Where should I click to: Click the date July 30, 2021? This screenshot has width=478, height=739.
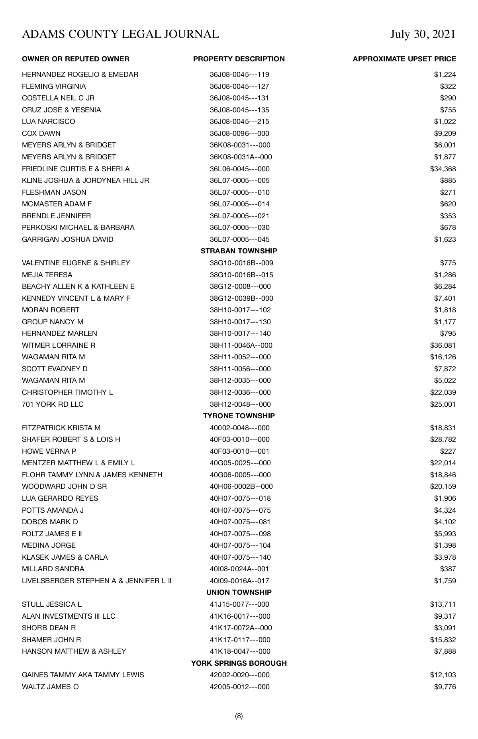coord(423,34)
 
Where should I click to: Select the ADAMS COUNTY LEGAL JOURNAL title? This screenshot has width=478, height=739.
coord(120,34)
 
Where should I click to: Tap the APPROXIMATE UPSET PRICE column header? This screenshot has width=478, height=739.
coord(404,59)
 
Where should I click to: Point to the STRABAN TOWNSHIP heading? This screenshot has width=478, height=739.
coord(239,251)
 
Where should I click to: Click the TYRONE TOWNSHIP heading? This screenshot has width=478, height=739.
coord(239,416)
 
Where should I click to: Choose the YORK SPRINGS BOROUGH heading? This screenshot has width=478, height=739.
coord(239,663)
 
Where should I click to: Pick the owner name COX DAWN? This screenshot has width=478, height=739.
coord(41,133)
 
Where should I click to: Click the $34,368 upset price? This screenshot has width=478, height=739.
coord(443,169)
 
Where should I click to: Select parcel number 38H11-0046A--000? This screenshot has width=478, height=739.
coord(241,345)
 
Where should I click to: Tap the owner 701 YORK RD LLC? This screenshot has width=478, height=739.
coord(53,404)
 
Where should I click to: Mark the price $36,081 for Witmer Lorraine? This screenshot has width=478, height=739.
coord(443,345)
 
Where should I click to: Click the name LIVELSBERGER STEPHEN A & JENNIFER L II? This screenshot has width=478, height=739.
coord(97,581)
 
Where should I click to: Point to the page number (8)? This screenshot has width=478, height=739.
coord(239,716)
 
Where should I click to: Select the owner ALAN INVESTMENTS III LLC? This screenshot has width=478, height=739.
coord(69,616)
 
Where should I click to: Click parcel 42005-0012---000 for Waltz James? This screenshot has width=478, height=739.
coord(240,687)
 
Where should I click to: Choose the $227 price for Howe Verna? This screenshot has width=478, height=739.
coord(448,451)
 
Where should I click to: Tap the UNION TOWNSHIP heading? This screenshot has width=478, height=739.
coord(239,592)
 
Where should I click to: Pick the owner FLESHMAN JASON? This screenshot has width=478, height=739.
coord(54,192)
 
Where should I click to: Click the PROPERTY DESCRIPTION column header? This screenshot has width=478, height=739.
coord(239,59)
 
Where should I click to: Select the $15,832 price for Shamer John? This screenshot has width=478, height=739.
coord(443,640)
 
